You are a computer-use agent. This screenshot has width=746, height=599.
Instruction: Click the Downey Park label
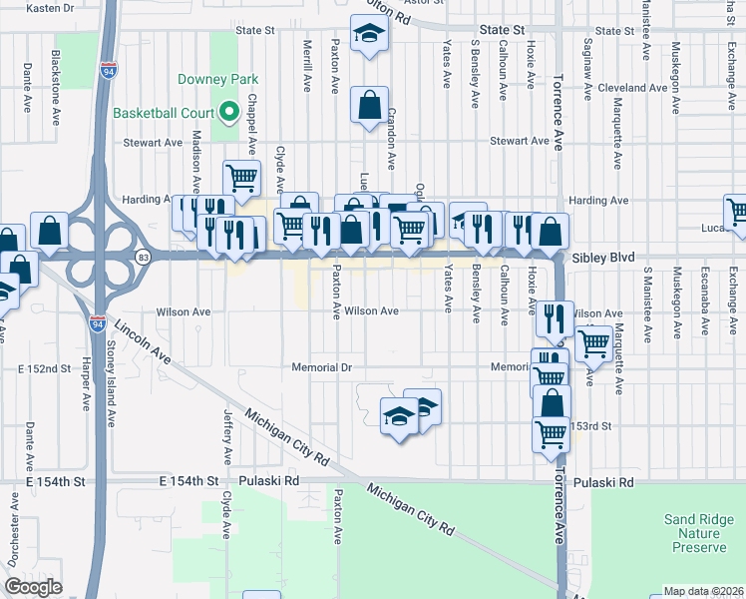pos(217,79)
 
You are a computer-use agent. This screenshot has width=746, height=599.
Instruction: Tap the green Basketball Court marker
pos(228,112)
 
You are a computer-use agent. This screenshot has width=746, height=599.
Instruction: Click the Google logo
pos(33,587)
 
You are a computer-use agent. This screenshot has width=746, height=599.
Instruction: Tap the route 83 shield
pos(146,257)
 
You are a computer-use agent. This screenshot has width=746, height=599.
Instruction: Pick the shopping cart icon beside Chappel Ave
pos(241,178)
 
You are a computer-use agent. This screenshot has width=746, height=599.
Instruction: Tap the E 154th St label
pos(189,481)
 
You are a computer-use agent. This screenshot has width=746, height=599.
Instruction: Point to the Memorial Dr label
pos(322,367)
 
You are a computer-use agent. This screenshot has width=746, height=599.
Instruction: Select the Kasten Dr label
pos(50,7)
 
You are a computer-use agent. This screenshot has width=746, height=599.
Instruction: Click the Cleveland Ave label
pos(632,88)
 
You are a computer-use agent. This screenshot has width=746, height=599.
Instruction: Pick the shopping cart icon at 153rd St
pos(552,433)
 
